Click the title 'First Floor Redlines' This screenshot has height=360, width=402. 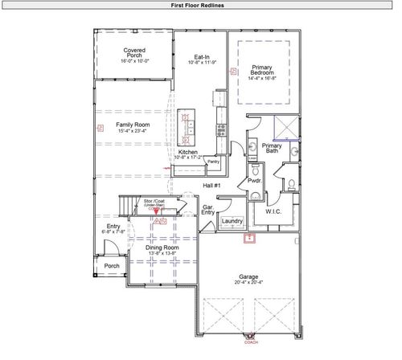click(x=200, y=5)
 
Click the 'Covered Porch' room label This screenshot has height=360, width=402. click(x=134, y=54)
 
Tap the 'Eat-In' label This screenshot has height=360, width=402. click(x=202, y=58)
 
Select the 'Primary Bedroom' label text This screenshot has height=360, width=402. click(x=263, y=72)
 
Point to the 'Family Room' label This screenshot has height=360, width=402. click(x=133, y=125)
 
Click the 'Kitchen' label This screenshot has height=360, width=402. click(x=188, y=152)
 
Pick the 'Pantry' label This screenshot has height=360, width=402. click(x=214, y=162)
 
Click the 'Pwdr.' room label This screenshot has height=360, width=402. click(x=256, y=182)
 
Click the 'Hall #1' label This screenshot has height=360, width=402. click(x=211, y=186)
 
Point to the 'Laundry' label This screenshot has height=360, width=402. click(x=232, y=221)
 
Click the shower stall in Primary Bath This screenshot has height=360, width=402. click(x=285, y=126)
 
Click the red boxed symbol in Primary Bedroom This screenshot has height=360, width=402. click(x=233, y=71)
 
